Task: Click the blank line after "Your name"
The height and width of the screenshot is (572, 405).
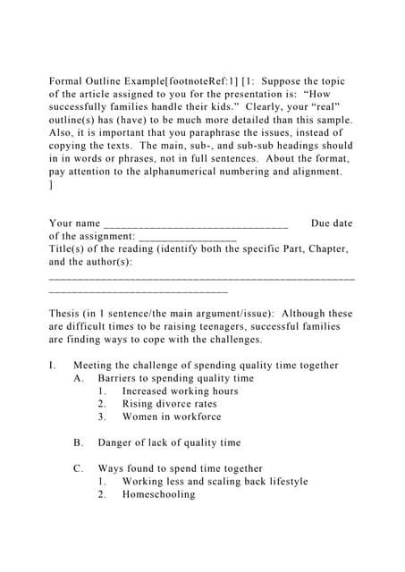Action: [196, 223]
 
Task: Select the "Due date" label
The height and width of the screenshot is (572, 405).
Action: [331, 223]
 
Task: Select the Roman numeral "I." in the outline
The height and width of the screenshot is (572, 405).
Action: [53, 366]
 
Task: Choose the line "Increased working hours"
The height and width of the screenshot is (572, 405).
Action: [180, 391]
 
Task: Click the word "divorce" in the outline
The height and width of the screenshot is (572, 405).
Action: [176, 404]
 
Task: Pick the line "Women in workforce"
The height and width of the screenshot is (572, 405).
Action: [172, 416]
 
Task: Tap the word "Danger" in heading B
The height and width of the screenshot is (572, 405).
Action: [117, 442]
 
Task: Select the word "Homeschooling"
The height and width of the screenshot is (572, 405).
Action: [158, 494]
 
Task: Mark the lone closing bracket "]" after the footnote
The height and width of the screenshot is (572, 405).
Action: [51, 185]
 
